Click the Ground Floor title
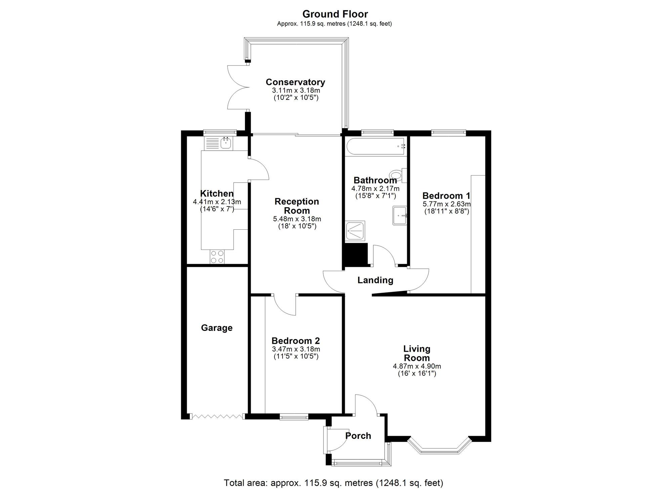335,14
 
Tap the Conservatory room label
295,82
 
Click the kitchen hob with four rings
217,257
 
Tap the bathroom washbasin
400,215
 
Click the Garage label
217,328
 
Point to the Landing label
375,280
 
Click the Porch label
358,436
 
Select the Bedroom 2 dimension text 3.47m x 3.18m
296,349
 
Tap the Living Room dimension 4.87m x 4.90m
417,366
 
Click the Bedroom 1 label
446,196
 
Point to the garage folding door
217,417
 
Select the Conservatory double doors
238,87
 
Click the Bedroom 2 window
294,417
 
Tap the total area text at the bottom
333,483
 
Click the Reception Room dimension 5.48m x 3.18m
297,219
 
